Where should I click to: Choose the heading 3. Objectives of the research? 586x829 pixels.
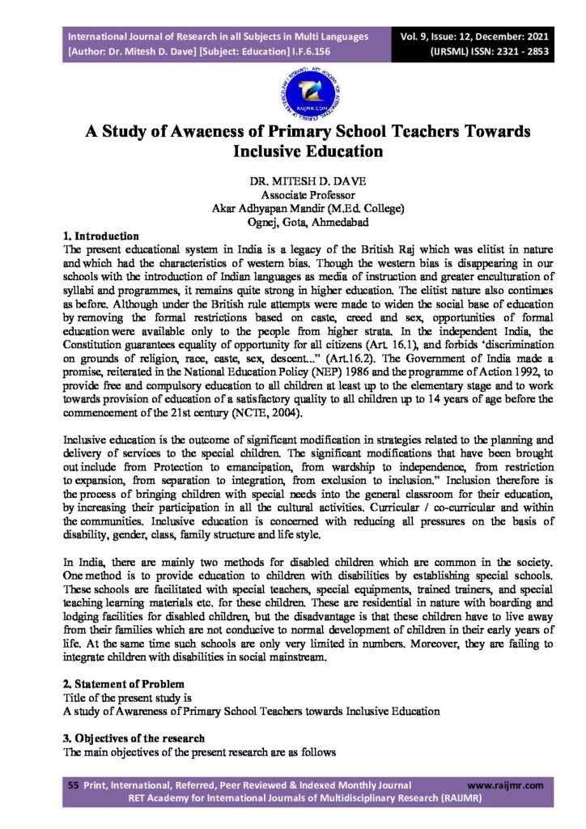134,739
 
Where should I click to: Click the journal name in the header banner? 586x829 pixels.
219,37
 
